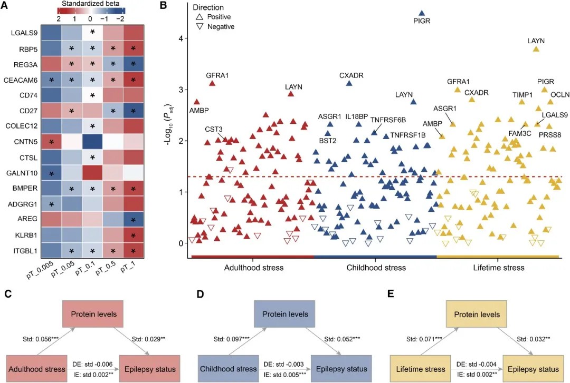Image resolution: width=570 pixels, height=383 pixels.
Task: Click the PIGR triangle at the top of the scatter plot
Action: tap(421, 13)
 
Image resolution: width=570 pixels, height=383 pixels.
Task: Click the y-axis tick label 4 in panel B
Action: tap(180, 39)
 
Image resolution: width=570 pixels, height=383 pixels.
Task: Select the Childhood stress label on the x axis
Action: tap(376, 268)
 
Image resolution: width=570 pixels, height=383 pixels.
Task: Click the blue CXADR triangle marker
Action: tap(349, 83)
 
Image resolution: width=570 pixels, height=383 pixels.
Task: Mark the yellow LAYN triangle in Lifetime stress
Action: tap(536, 49)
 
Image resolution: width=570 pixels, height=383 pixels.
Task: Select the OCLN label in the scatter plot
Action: tap(560, 95)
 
